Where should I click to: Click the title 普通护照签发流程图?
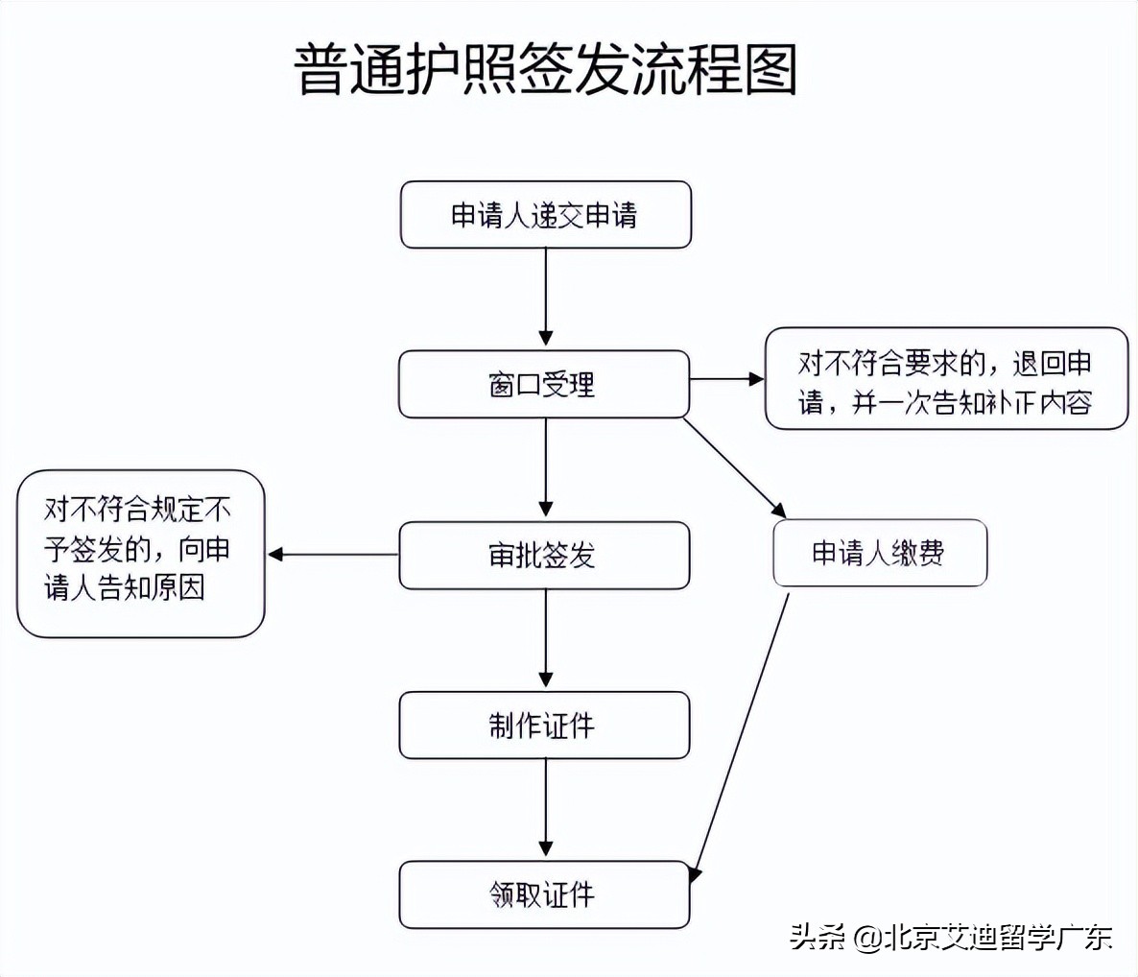pos(545,69)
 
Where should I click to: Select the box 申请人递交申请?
pos(545,215)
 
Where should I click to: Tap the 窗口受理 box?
pos(543,384)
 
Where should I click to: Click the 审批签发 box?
pos(543,555)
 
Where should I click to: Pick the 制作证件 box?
pos(543,725)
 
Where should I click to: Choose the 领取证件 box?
pos(543,894)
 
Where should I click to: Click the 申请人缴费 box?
pos(879,553)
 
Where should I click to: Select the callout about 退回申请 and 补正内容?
pos(945,379)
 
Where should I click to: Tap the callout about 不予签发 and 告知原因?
pos(140,553)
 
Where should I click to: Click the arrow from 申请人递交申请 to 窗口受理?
pos(546,298)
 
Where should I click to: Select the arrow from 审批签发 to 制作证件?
pos(546,638)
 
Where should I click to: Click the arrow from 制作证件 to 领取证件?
pos(546,808)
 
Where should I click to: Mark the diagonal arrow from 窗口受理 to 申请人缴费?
pos(734,467)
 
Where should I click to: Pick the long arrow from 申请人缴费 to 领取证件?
pos(741,734)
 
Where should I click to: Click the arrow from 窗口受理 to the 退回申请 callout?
pos(726,379)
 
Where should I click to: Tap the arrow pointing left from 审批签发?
pos(333,555)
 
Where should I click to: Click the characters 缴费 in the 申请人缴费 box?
pos(917,553)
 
